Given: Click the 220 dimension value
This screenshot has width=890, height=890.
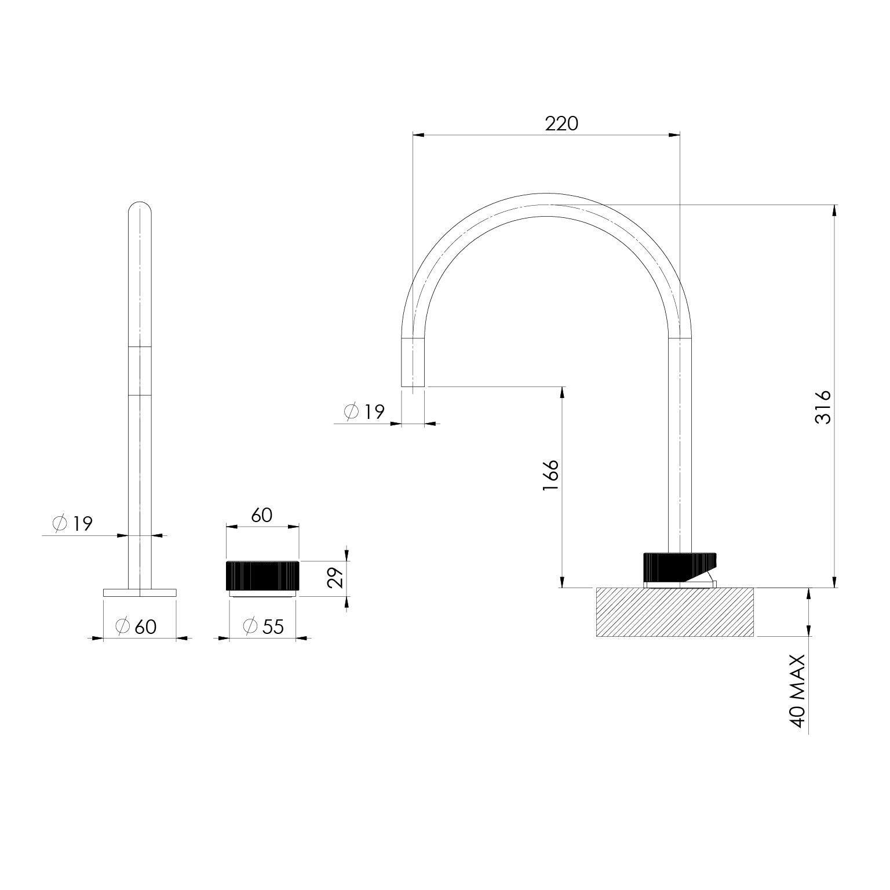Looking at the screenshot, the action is pos(561,123).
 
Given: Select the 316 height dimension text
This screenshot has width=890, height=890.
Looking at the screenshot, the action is pos(823,407).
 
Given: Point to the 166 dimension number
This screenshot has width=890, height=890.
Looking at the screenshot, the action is pos(551,476).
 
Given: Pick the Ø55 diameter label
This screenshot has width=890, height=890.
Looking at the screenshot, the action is pos(264,626).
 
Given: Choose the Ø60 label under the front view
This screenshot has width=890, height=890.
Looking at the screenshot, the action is pos(136,626).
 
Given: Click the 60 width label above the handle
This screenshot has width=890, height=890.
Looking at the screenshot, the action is pos(262,515).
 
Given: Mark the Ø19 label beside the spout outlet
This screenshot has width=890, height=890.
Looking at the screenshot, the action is pos(364,412).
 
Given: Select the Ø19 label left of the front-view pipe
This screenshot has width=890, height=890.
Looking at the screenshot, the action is pos(72,524).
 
